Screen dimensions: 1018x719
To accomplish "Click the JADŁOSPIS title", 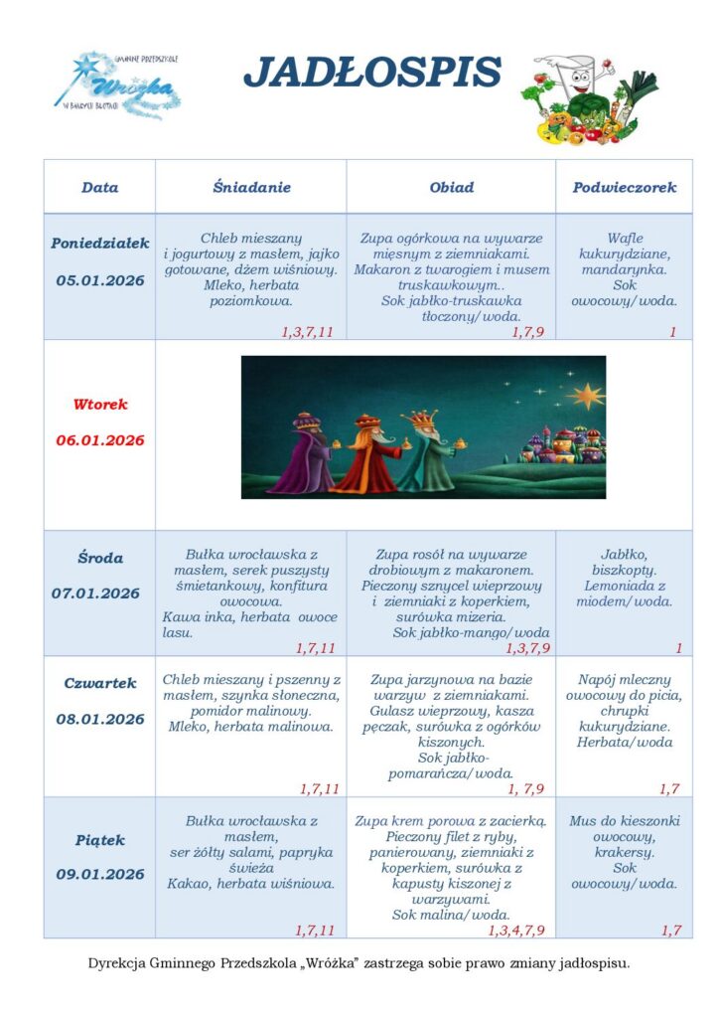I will click(372, 73).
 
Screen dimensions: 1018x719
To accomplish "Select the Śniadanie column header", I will click(251, 187).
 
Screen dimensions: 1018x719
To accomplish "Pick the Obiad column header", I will click(451, 187).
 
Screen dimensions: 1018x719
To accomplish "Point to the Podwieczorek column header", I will click(624, 187).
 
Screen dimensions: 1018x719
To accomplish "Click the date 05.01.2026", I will click(100, 281).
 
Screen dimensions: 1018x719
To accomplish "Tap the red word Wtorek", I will click(100, 405).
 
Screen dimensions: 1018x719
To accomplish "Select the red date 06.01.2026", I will click(100, 440).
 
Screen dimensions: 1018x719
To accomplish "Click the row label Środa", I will click(100, 559).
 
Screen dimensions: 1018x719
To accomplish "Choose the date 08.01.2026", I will click(100, 719).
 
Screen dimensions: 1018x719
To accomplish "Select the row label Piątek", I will click(100, 840).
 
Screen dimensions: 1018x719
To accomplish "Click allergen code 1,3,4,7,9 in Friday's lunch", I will click(516, 931).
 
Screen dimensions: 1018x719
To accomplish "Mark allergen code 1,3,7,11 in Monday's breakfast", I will click(307, 332).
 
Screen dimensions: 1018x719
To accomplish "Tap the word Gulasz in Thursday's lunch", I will click(394, 712).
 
